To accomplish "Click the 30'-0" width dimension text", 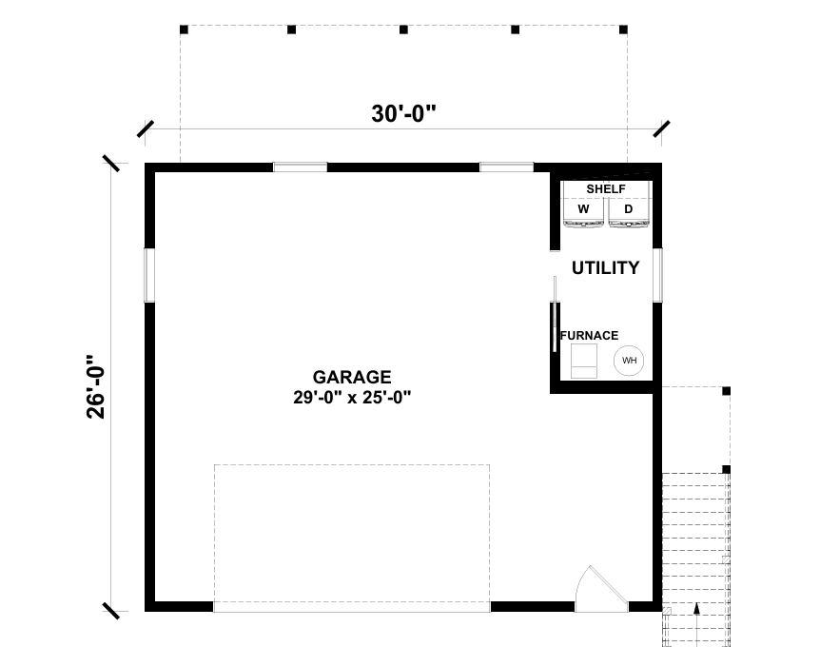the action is click(403, 113).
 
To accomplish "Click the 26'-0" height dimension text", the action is click(96, 387).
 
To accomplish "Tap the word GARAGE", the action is click(352, 377).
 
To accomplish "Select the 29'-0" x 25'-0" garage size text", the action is click(352, 398).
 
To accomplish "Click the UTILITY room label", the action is click(605, 267).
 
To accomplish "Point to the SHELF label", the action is click(606, 188).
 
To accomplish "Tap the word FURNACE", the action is click(590, 335).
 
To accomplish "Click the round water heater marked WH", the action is click(629, 361).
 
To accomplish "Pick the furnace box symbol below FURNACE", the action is click(584, 361).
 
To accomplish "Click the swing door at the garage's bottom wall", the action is click(601, 590).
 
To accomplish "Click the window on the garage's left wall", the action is click(149, 275).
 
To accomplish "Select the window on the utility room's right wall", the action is click(657, 275).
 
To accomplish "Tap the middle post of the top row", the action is click(403, 29).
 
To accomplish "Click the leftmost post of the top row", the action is click(184, 29).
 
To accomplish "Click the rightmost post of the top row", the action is click(623, 29).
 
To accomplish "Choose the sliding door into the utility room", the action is click(555, 314).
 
